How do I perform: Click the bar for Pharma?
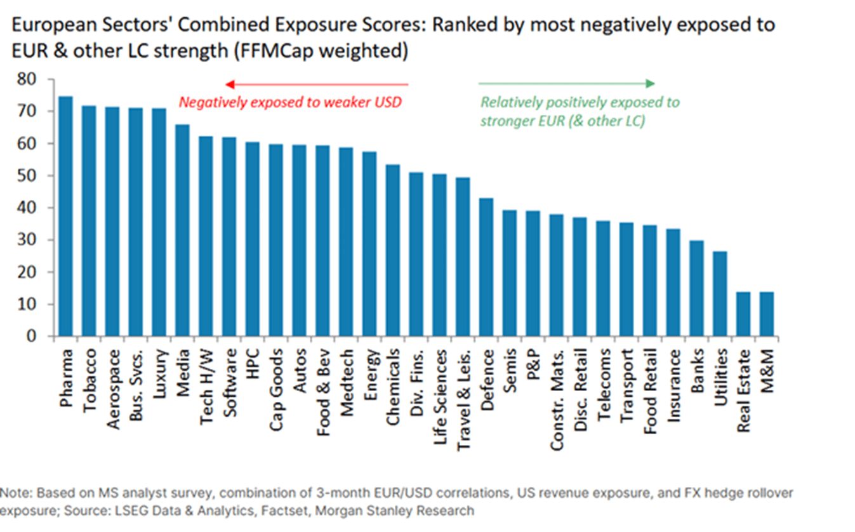pos(66,216)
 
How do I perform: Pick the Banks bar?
pos(697,288)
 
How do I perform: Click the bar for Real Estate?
pos(743,314)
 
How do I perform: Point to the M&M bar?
pos(767,314)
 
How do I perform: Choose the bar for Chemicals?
pos(394,250)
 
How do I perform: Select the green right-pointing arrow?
pos(566,84)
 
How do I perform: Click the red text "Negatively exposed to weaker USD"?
pos(290,102)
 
